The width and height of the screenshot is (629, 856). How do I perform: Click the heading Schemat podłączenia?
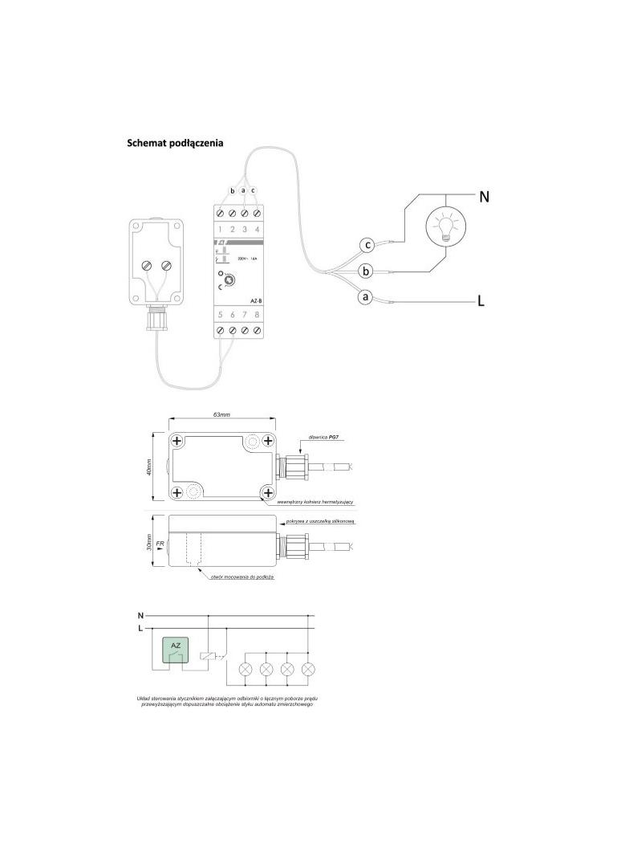pyautogui.click(x=175, y=144)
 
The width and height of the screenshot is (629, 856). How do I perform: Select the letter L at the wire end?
pyautogui.click(x=481, y=302)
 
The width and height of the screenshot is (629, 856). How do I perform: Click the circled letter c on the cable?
pyautogui.click(x=367, y=244)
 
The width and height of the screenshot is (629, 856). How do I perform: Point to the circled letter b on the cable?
pyautogui.click(x=366, y=271)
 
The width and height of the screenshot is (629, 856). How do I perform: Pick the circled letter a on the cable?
pyautogui.click(x=364, y=298)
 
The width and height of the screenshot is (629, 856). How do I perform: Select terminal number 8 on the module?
pyautogui.click(x=257, y=315)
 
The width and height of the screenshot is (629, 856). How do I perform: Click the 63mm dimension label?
pyautogui.click(x=222, y=415)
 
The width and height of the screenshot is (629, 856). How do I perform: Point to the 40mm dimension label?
pyautogui.click(x=149, y=468)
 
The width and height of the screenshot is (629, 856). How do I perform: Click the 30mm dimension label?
pyautogui.click(x=149, y=544)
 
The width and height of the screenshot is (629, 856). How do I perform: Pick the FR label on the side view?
pyautogui.click(x=160, y=544)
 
